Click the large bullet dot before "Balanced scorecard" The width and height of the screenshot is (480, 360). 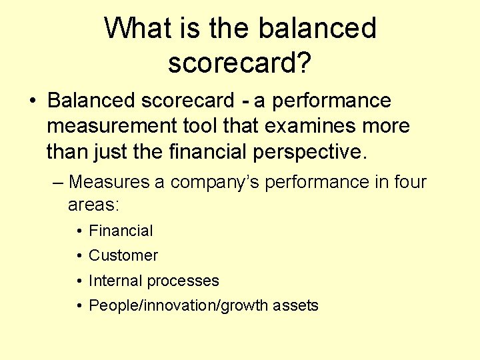(x=32, y=101)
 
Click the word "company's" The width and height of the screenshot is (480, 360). (x=211, y=182)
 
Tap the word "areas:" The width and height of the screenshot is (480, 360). (x=93, y=205)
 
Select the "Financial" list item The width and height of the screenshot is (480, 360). (x=121, y=231)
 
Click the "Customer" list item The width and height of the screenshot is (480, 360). (x=123, y=255)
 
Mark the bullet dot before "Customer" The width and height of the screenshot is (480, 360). (x=79, y=256)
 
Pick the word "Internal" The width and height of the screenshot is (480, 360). (x=115, y=281)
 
